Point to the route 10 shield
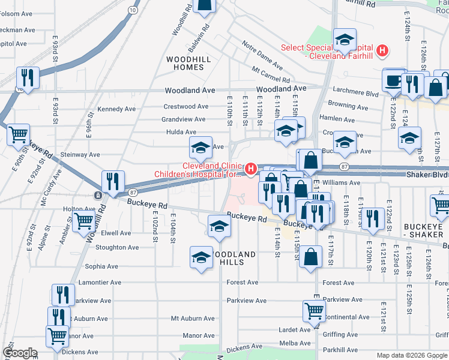pyautogui.click(x=133, y=10)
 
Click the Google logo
pyautogui.click(x=20, y=353)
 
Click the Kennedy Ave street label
pyautogui.click(x=116, y=109)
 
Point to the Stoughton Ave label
pyautogui.click(x=117, y=247)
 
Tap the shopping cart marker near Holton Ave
pyautogui.click(x=83, y=221)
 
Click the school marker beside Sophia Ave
pyautogui.click(x=201, y=257)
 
